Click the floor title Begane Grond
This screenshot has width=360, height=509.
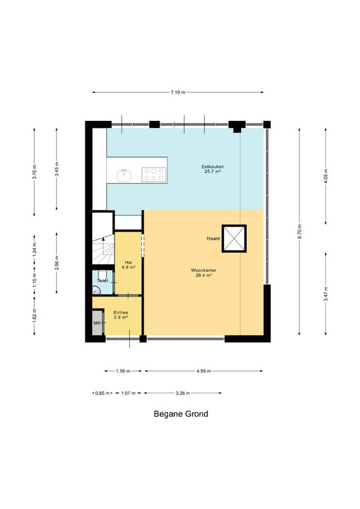(181, 414)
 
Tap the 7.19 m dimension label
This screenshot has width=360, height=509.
(178, 92)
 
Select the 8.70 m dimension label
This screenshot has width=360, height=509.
(300, 232)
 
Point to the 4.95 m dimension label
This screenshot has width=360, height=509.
(204, 371)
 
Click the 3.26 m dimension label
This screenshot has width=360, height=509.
(183, 393)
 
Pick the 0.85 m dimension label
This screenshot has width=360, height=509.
(102, 393)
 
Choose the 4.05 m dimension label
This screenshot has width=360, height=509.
(326, 176)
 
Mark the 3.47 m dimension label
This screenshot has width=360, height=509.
(326, 294)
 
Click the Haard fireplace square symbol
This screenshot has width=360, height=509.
(234, 239)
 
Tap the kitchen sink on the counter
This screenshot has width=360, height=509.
(123, 176)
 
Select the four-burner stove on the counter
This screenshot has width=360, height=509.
(154, 174)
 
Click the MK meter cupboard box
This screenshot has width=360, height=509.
(97, 323)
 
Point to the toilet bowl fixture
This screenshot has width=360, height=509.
(102, 275)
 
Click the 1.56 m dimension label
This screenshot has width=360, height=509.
(123, 371)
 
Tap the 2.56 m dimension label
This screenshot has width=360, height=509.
(57, 263)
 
